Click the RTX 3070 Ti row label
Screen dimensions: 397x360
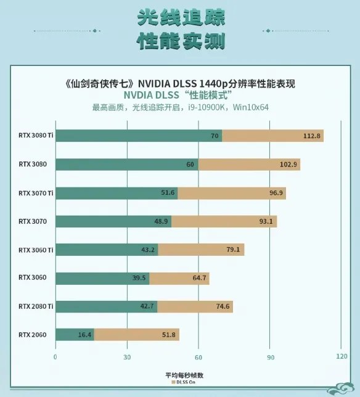(x=36, y=193)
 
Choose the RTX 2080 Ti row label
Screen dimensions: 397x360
(x=36, y=306)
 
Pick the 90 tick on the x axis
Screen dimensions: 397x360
(x=270, y=356)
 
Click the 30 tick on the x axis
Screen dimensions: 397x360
(x=127, y=356)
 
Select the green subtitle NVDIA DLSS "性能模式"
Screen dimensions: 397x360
(x=179, y=96)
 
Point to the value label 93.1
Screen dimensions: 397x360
(x=268, y=221)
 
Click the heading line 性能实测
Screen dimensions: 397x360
(x=180, y=41)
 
